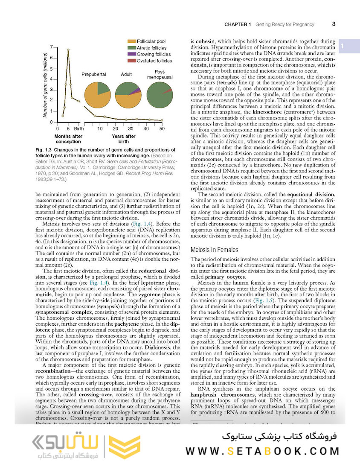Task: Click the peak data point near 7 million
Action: (x=68, y=50)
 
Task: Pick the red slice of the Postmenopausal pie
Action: (x=169, y=90)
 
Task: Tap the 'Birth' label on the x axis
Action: (x=78, y=128)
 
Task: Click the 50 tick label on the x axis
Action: (x=162, y=128)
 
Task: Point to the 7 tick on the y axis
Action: (x=51, y=47)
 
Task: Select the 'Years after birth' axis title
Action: (x=124, y=139)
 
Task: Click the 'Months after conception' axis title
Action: (x=68, y=139)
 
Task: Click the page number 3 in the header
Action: (x=334, y=24)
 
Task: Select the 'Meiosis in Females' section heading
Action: (x=214, y=250)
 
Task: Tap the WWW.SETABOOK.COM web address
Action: (x=262, y=451)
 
